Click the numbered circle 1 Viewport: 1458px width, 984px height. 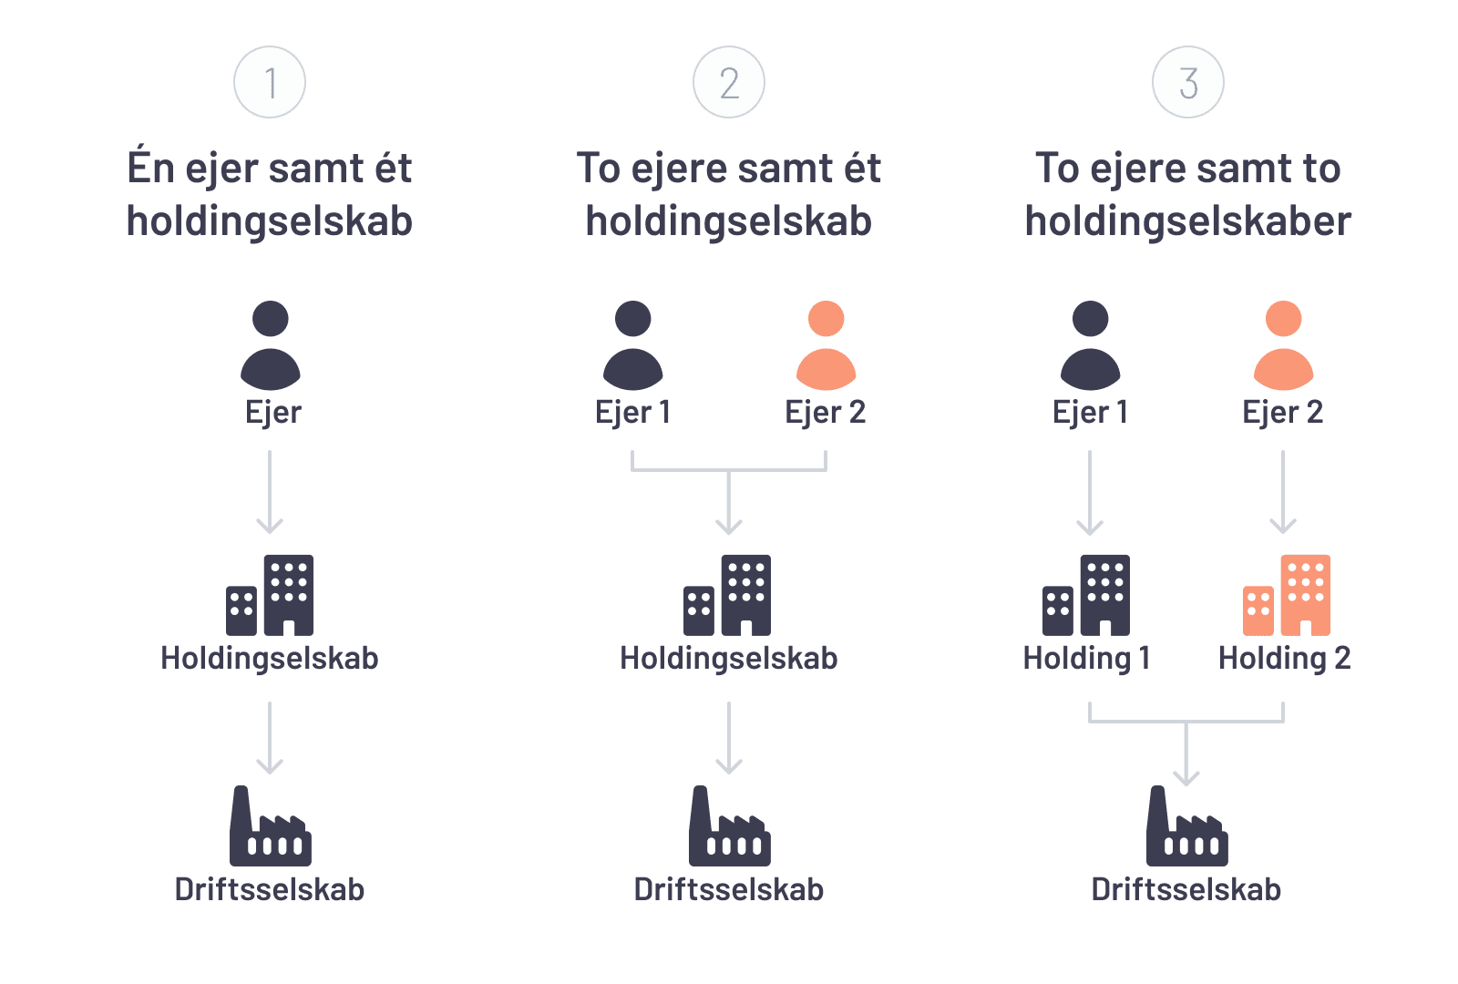(x=270, y=83)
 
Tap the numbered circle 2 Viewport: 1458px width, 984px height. (x=729, y=83)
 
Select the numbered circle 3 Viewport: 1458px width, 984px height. (x=1187, y=83)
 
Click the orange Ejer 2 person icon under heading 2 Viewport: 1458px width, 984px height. (x=826, y=346)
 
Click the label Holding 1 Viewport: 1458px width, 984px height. (x=1086, y=658)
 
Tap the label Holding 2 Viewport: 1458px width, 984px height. (x=1284, y=658)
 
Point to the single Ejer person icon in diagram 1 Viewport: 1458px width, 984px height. (x=270, y=346)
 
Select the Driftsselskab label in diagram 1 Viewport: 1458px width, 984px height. (x=270, y=889)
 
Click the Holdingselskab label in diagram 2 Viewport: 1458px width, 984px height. (x=729, y=658)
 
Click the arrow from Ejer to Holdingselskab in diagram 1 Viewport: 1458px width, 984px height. (x=270, y=492)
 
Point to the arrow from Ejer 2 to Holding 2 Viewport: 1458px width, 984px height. (x=1283, y=492)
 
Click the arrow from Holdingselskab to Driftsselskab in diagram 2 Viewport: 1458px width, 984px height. (x=729, y=738)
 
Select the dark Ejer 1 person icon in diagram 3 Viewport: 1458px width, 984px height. (x=1090, y=346)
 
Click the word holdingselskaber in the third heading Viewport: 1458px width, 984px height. (x=1187, y=221)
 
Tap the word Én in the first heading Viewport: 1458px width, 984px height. (x=150, y=169)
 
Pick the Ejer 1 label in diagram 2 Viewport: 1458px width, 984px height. (x=633, y=412)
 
